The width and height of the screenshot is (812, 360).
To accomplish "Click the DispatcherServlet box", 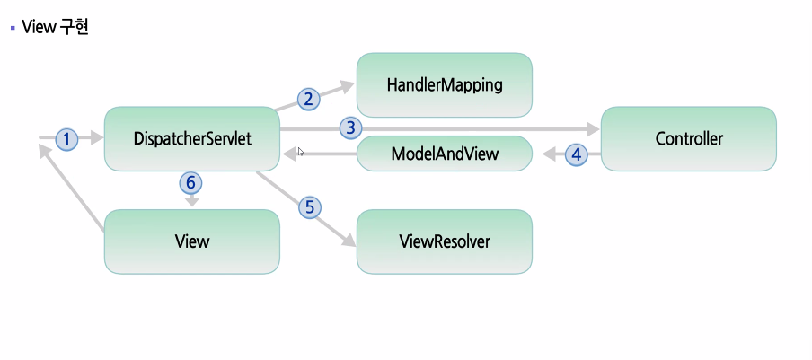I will (192, 139).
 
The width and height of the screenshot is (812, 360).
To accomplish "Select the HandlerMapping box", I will (445, 85).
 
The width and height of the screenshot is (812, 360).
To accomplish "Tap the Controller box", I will (688, 139).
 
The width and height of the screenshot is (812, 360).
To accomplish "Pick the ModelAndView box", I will (445, 154).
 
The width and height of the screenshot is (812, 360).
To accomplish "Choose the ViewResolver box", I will (445, 241).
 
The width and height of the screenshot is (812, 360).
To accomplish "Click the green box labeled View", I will (192, 241).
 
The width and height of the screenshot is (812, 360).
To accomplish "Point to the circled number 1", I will (67, 139).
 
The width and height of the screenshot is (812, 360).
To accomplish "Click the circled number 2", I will (308, 99).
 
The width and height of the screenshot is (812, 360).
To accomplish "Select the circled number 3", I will (351, 127).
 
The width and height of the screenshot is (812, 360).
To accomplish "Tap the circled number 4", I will (577, 154).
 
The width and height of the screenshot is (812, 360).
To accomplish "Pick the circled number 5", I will (310, 206).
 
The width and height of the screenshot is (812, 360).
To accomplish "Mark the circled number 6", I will (190, 182).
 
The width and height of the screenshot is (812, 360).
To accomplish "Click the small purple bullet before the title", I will (13, 28).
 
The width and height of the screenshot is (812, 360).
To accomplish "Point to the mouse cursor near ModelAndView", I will (301, 152).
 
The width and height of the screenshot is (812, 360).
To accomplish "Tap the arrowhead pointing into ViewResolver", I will (348, 240).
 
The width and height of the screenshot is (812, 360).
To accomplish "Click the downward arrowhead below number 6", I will (191, 203).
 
